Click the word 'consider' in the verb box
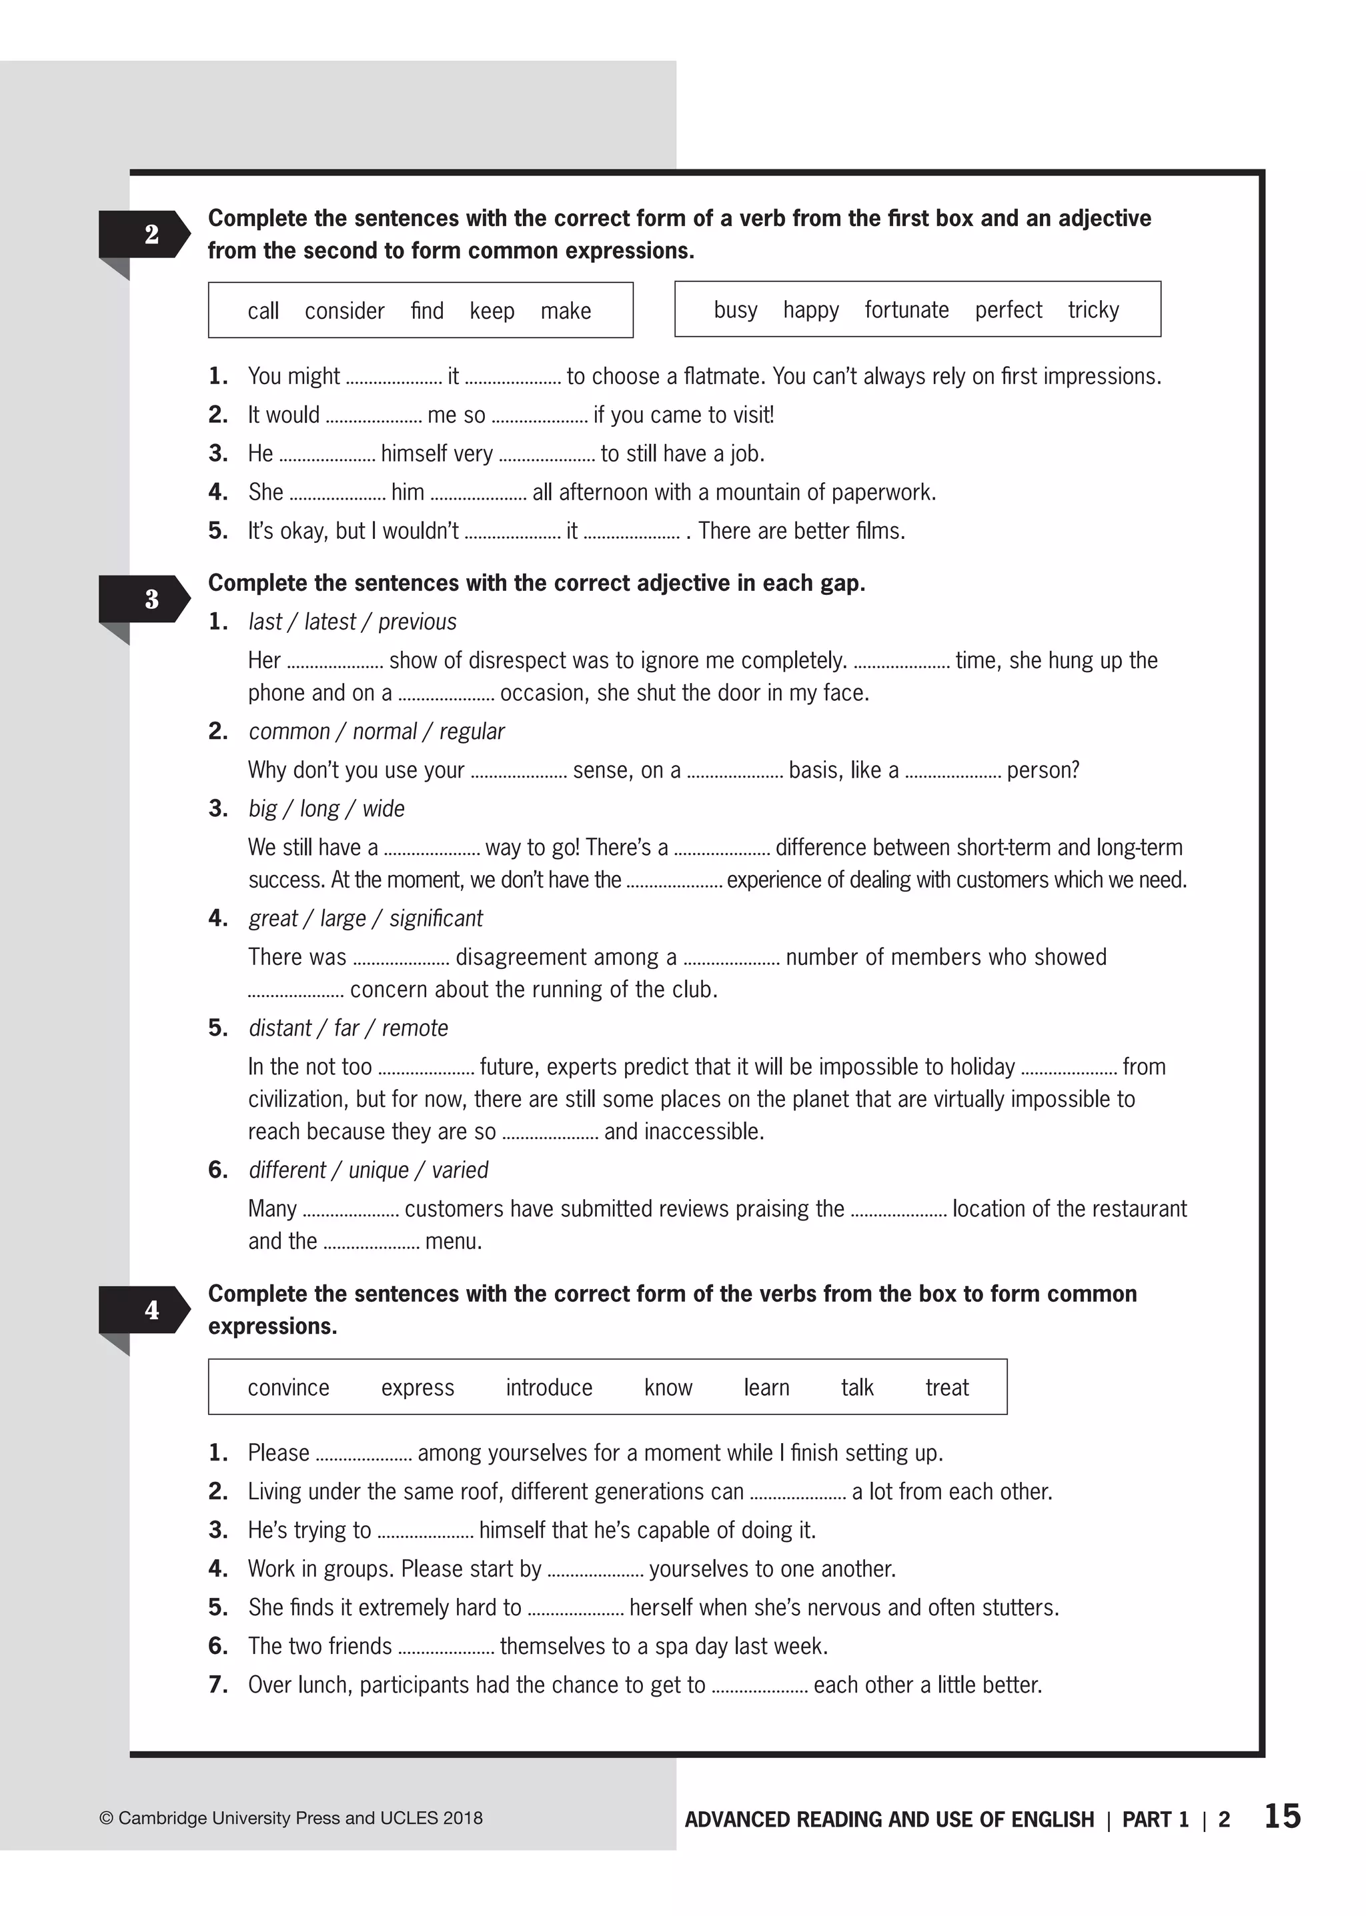coord(344,311)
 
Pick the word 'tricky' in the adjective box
coord(1093,310)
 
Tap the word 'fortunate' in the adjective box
coord(906,310)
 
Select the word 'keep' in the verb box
coord(491,311)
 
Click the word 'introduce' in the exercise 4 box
coord(548,1388)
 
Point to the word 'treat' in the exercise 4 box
coord(946,1388)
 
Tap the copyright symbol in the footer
coord(106,1819)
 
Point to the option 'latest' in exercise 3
coord(329,622)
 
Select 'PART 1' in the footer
coord(1155,1820)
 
